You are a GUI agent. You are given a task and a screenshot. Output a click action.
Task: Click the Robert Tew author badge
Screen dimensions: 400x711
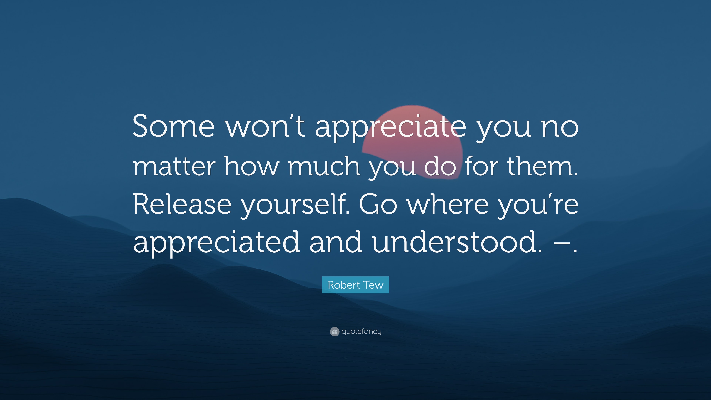click(x=355, y=285)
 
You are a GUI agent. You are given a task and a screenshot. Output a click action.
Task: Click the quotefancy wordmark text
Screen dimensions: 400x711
click(x=361, y=331)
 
